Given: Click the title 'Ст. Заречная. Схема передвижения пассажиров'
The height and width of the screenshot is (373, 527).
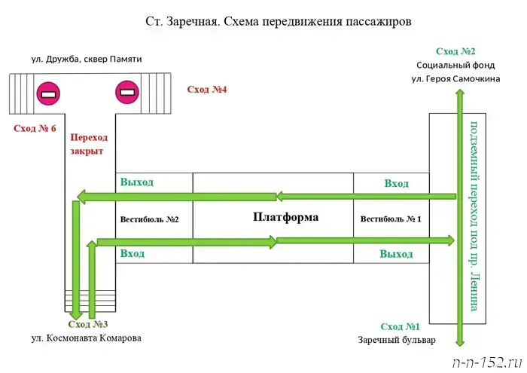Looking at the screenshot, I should (278, 21).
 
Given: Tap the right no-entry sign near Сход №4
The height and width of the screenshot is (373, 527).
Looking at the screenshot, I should (126, 93).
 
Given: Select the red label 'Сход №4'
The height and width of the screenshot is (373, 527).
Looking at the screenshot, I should (207, 90).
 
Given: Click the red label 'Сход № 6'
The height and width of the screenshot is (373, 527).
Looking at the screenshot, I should (35, 128).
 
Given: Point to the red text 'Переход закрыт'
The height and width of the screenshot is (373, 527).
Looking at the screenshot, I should (88, 145).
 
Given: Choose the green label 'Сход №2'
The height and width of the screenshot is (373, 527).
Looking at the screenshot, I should (455, 51).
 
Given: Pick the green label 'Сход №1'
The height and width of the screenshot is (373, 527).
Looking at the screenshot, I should (400, 326).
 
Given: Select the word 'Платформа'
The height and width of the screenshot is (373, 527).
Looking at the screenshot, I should (285, 218).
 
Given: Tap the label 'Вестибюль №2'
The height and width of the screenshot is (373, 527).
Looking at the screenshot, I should (149, 219).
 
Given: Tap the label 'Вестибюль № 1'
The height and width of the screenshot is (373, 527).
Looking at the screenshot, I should (391, 219).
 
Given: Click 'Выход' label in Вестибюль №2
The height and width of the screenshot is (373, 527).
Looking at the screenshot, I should (136, 182).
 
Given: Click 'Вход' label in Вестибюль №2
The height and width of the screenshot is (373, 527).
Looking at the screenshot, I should (133, 254).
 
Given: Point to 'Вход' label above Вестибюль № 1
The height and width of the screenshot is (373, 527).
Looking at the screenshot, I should (396, 183).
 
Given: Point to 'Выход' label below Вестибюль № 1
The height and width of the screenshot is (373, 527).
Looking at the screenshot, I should (396, 255).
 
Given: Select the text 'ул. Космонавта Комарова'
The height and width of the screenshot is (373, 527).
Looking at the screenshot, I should (86, 338).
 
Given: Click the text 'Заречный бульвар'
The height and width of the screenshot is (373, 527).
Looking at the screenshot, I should (397, 340).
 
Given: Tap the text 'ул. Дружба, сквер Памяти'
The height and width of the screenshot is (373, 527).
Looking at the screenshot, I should (87, 59).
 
